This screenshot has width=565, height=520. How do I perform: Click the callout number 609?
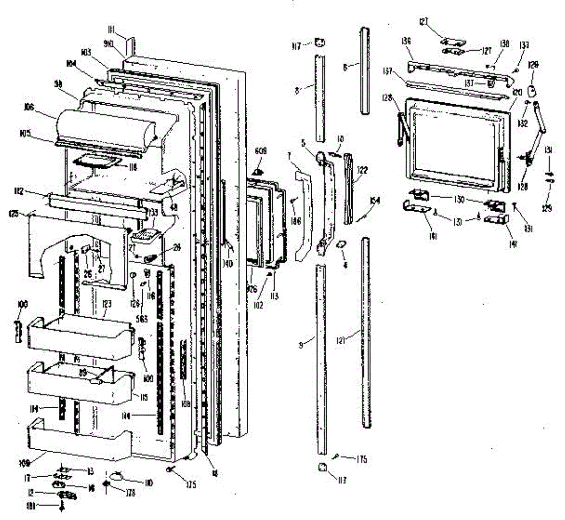260,151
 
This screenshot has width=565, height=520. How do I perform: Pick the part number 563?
140,304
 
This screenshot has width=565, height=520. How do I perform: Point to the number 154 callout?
375,200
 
